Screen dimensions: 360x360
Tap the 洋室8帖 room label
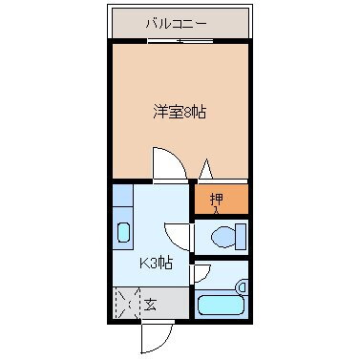[x=179, y=112]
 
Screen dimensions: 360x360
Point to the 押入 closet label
[x=216, y=201]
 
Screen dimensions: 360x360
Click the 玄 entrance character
[x=150, y=306]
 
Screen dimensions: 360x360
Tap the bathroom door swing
[x=201, y=275]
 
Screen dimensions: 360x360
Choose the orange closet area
[x=222, y=201]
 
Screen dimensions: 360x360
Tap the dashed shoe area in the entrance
[x=125, y=305]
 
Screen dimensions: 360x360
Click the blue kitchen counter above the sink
[x=122, y=202]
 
